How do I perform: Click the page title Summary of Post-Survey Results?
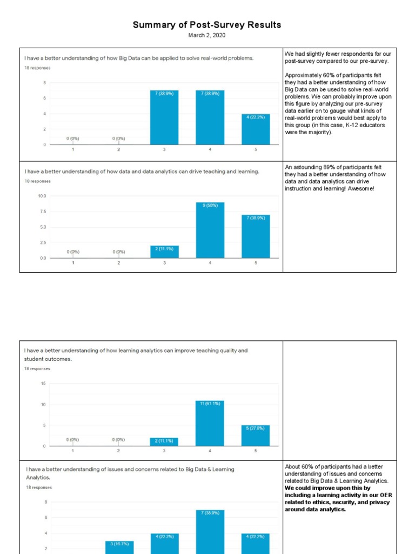[207, 25]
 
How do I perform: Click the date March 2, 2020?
[207, 36]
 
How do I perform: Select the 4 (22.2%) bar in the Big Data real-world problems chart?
[256, 130]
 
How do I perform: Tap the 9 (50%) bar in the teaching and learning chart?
[210, 230]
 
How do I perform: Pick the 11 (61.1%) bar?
[210, 423]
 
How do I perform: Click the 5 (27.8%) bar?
[256, 436]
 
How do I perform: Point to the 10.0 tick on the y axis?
[42, 196]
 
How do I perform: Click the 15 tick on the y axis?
[43, 384]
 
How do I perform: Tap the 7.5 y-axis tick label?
[42, 212]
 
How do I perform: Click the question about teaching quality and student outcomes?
[136, 354]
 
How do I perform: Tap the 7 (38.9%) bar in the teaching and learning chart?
[256, 236]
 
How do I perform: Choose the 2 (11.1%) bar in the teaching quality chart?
[164, 441]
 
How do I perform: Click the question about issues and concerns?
[130, 473]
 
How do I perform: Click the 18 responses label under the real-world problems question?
[37, 68]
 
